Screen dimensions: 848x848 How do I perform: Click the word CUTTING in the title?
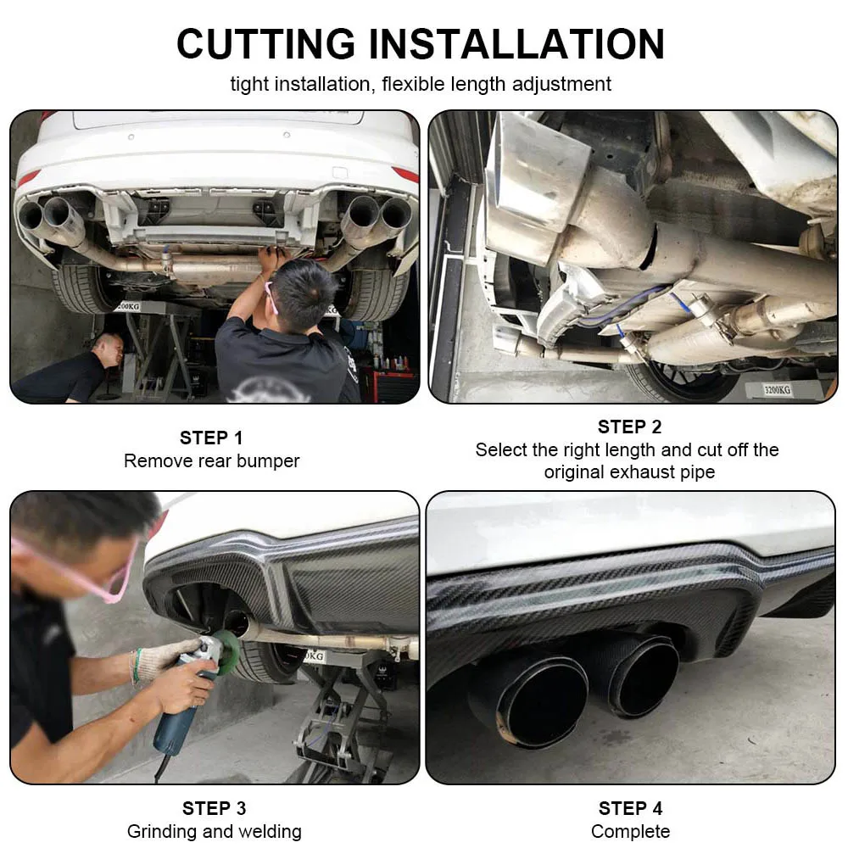pos(266,44)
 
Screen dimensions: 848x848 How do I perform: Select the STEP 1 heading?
pos(211,438)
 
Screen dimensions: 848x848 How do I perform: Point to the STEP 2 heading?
pos(629,427)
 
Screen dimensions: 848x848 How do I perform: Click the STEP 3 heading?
pos(215,808)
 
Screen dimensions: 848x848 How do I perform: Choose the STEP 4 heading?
pos(631,808)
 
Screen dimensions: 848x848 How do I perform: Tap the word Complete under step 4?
pos(631,831)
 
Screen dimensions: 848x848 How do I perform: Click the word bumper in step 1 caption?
pos(268,461)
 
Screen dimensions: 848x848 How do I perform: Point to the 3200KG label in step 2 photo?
pos(777,389)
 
